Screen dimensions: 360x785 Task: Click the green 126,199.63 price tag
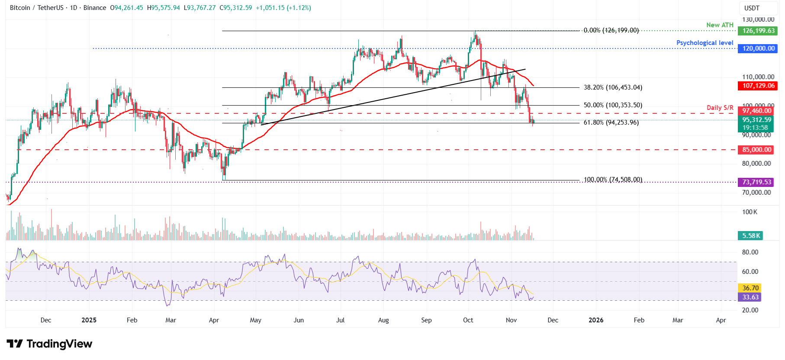[x=758, y=31]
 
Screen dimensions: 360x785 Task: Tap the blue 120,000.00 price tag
[x=758, y=48]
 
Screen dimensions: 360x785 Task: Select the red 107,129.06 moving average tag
[x=758, y=86]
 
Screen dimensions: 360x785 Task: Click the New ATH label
[x=720, y=25]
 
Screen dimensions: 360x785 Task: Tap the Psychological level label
[x=705, y=43]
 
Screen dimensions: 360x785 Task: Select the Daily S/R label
[x=720, y=108]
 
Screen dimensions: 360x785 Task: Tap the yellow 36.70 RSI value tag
[x=750, y=288]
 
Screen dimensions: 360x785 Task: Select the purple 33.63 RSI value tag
[x=750, y=297]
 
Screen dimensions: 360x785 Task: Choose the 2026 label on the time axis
[x=596, y=320]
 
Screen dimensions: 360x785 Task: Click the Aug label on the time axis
[x=383, y=320]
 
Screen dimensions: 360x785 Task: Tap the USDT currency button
[x=752, y=8]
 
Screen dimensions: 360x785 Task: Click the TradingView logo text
[x=59, y=344]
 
